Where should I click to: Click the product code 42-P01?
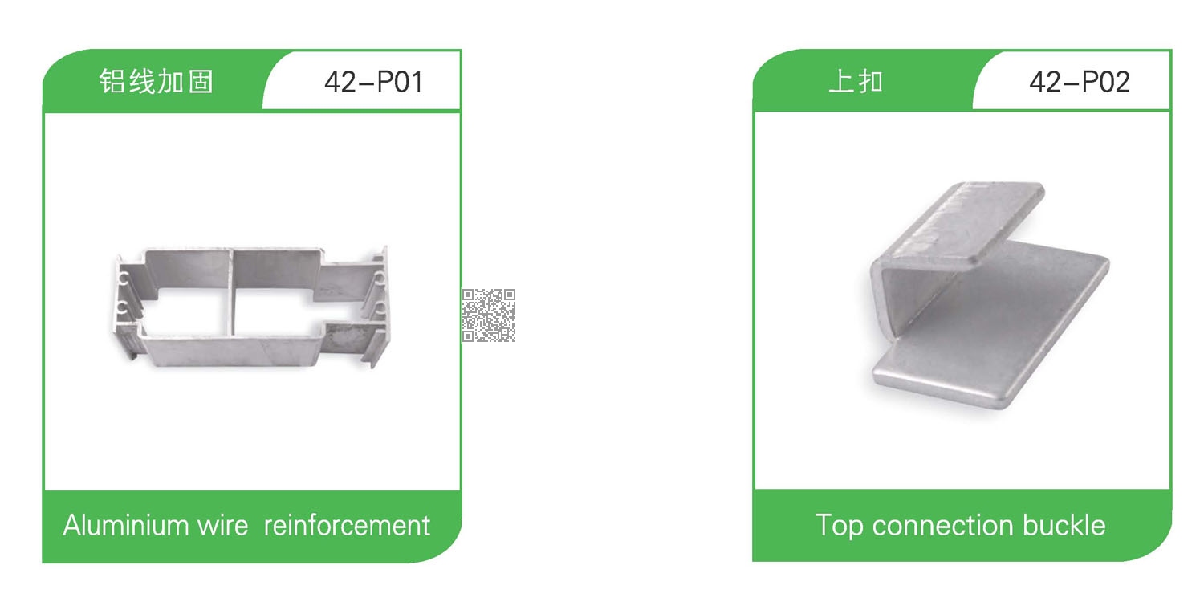pyautogui.click(x=373, y=82)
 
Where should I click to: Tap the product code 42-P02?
pyautogui.click(x=1080, y=82)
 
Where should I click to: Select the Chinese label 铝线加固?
pyautogui.click(x=157, y=82)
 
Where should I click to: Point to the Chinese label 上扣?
pyautogui.click(x=856, y=82)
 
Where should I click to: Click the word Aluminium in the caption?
pyautogui.click(x=125, y=525)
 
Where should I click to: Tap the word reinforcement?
pyautogui.click(x=347, y=526)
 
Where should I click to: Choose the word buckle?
pyautogui.click(x=1064, y=525)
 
